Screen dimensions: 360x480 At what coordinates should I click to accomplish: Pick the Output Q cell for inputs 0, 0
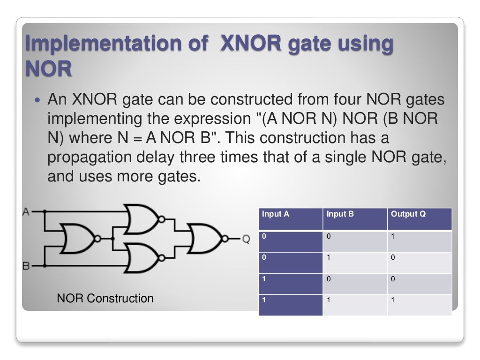[x=420, y=241]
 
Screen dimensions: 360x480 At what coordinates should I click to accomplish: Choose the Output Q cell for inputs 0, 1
[x=420, y=262]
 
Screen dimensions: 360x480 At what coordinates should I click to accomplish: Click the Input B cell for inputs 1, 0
[x=355, y=284]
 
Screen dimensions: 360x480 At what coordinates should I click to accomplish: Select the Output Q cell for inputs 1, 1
[x=420, y=305]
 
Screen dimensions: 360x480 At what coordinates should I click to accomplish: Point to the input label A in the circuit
[x=26, y=212]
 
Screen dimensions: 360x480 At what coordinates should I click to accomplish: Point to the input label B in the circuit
[x=26, y=266]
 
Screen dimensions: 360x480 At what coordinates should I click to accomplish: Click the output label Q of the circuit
[x=246, y=239]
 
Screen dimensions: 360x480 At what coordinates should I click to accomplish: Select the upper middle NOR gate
[x=142, y=219]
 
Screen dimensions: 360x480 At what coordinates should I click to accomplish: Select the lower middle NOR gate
[x=142, y=258]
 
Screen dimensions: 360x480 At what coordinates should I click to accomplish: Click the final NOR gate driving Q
[x=205, y=239]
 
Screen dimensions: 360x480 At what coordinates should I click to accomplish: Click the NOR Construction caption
[x=105, y=298]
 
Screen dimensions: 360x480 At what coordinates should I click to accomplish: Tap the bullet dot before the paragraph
[x=38, y=100]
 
